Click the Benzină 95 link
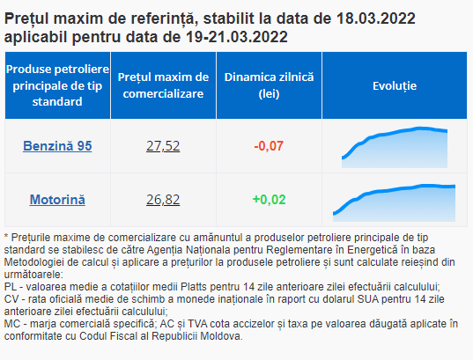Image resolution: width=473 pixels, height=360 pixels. tap(57, 146)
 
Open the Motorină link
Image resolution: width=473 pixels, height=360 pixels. tap(57, 200)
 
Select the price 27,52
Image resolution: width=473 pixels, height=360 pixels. tap(163, 146)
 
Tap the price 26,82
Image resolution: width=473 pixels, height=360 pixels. tap(163, 200)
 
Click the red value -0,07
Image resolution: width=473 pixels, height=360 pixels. tap(269, 146)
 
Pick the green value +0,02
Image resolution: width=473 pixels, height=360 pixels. tap(269, 200)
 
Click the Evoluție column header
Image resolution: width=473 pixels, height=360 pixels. tap(395, 86)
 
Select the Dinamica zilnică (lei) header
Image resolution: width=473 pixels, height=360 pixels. tap(269, 85)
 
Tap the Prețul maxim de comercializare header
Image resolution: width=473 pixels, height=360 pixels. tap(163, 85)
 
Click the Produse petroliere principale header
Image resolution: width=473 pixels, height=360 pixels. tap(57, 85)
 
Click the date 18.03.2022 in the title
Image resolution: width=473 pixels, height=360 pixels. tap(376, 18)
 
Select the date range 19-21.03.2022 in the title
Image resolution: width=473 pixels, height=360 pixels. tap(237, 37)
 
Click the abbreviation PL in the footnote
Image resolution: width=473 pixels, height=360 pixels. tap(10, 287)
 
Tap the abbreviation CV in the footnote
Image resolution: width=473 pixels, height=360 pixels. tap(11, 299)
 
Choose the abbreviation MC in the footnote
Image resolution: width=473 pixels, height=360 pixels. tap(11, 324)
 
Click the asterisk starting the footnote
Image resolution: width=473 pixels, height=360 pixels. tap(6, 236)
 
